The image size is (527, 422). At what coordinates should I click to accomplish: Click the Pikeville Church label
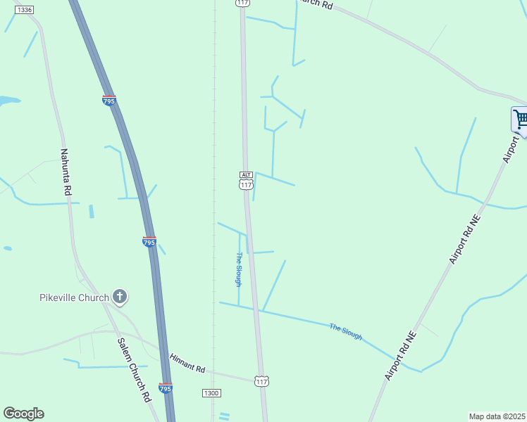[74, 297]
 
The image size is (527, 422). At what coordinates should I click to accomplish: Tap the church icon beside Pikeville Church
[120, 297]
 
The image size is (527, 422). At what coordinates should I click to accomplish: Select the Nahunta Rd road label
[66, 172]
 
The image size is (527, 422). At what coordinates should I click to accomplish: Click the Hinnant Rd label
[187, 369]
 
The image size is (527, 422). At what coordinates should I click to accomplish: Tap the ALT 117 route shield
[245, 180]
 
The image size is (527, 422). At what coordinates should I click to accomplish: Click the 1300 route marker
[211, 392]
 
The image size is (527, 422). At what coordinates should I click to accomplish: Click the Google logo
[23, 414]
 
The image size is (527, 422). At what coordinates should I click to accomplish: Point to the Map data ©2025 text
[497, 416]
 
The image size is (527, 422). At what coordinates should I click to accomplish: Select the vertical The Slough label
[239, 269]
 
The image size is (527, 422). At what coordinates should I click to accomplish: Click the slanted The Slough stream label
[345, 331]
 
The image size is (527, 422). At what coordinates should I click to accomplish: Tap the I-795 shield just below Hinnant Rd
[165, 388]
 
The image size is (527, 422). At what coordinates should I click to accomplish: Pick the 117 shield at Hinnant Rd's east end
[261, 381]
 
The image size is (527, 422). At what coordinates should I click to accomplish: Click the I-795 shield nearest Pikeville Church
[149, 241]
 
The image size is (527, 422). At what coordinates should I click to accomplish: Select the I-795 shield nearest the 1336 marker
[108, 101]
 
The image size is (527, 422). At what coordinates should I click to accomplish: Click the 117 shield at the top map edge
[242, 3]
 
